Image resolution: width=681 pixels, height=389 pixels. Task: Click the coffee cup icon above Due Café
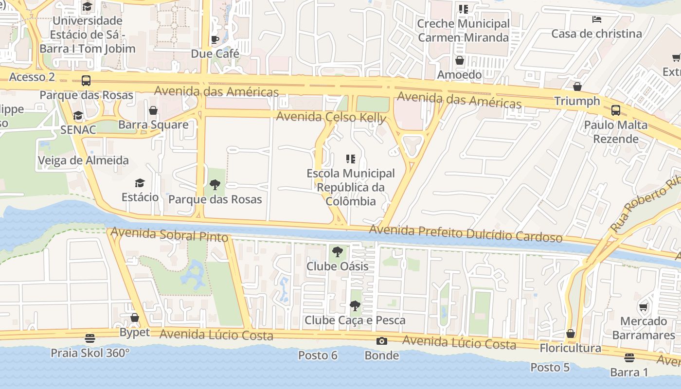215,39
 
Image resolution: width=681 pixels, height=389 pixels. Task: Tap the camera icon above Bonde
382,341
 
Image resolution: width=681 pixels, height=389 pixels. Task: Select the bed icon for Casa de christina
597,19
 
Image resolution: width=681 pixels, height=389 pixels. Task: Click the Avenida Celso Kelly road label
331,117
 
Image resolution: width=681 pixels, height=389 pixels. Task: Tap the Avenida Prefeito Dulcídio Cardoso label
466,233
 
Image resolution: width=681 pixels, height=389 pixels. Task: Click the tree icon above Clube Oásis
337,252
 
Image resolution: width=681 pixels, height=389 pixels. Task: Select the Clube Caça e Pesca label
355,320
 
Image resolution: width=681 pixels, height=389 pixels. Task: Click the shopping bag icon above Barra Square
153,110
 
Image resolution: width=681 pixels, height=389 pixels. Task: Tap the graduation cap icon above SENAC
78,116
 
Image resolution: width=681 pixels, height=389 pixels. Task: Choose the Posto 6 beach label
318,355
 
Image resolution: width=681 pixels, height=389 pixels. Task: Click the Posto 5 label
550,367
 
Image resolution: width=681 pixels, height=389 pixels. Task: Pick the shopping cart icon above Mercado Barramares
644,307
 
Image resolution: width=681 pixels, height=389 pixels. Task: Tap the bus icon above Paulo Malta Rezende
616,110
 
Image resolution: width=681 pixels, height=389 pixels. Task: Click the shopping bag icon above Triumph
577,87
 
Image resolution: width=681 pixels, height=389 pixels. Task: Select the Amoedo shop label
459,74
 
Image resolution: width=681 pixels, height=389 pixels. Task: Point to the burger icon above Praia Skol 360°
90,338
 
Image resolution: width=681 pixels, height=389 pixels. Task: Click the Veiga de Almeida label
83,160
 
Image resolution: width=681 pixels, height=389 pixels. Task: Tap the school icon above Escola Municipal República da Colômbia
351,159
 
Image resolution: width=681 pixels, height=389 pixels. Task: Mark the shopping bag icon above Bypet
135,318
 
